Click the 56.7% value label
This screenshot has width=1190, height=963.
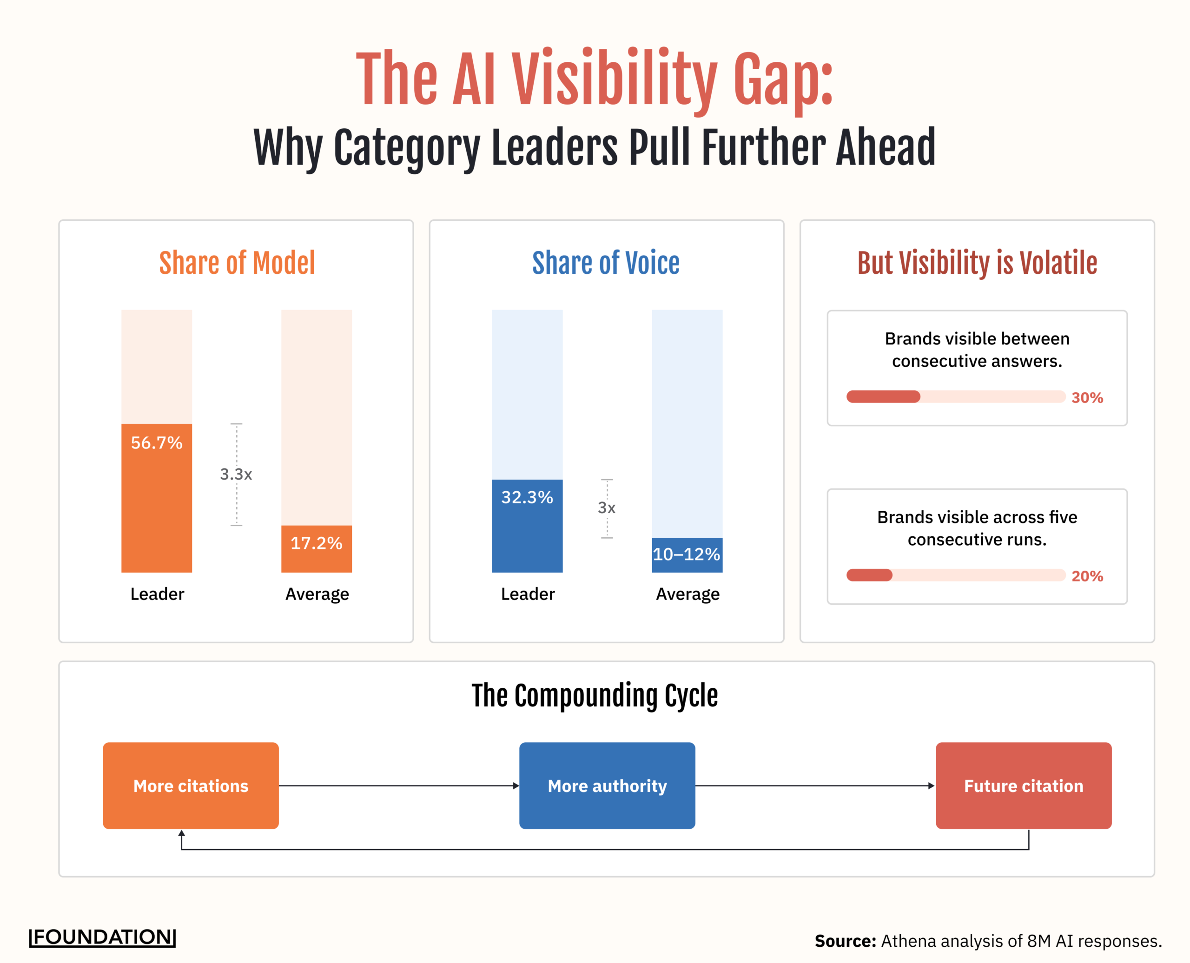coord(157,442)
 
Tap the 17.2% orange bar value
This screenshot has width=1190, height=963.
coord(316,543)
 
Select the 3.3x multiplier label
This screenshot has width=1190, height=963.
coord(236,474)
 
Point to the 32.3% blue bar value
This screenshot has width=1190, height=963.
coord(527,497)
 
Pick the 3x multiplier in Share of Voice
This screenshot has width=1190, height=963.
coord(606,508)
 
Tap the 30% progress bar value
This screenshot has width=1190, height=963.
coord(1087,398)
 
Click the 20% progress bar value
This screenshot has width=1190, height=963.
coord(1087,576)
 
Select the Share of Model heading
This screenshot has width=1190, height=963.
coord(237,263)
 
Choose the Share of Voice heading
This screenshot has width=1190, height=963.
coord(606,263)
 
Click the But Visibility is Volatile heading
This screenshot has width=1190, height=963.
coord(977,263)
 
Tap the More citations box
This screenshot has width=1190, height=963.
coord(191,785)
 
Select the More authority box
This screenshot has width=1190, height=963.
coord(607,785)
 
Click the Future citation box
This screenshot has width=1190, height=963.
coord(1024,785)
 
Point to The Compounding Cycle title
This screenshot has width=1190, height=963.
coord(595,696)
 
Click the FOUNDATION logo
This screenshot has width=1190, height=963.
coord(103,937)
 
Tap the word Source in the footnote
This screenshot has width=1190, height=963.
coord(844,941)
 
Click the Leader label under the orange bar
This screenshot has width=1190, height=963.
coord(157,594)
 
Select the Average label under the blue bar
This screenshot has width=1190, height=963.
coord(688,594)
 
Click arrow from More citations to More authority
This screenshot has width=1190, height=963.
coord(398,785)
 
